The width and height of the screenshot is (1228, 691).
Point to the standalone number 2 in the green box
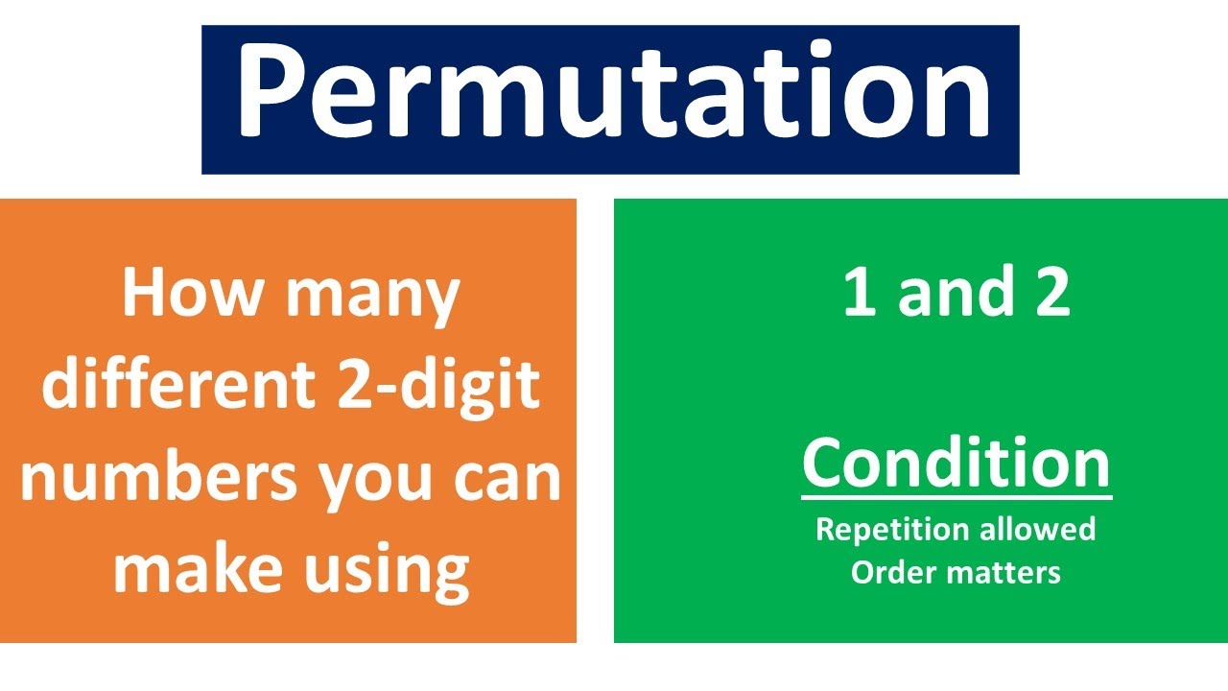[x=1051, y=293]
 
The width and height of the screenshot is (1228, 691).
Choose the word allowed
[x=1038, y=529]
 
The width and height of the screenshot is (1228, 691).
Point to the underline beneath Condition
[x=956, y=496]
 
